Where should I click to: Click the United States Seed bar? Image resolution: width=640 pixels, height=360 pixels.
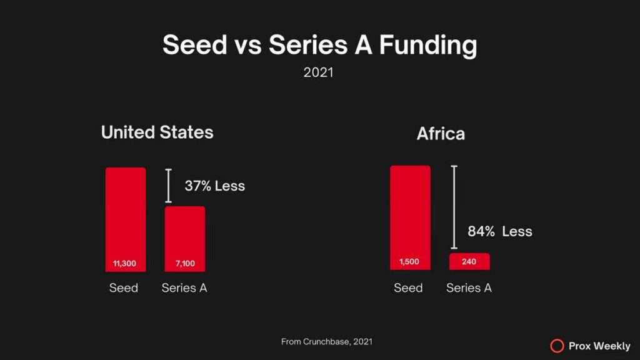125,212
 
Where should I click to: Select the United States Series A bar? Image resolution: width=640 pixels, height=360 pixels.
184,231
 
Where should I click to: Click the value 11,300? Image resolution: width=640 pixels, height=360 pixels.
125,264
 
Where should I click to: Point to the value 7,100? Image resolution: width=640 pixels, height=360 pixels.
184,264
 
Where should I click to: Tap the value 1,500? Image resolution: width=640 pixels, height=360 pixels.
410,262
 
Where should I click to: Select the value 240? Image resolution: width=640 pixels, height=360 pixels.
469,262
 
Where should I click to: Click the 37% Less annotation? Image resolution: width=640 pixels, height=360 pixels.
214,186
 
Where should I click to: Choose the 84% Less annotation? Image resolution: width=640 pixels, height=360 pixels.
500,231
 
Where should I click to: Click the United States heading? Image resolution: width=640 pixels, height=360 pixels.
157,132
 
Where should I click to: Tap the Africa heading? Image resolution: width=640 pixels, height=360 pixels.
441,134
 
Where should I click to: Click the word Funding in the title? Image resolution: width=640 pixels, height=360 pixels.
428,46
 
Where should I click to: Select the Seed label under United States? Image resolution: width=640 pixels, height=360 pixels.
124,288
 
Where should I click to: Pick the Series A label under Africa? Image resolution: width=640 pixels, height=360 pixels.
469,288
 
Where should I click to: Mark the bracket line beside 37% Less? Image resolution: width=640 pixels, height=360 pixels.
168,186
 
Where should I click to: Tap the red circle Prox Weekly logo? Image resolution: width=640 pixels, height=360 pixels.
557,346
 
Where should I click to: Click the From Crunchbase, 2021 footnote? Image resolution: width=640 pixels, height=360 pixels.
327,341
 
